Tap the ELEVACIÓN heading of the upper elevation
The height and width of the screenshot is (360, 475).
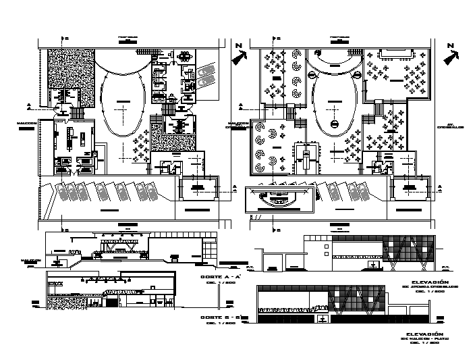(x=429, y=281)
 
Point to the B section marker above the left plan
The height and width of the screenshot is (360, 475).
(x=66, y=39)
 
